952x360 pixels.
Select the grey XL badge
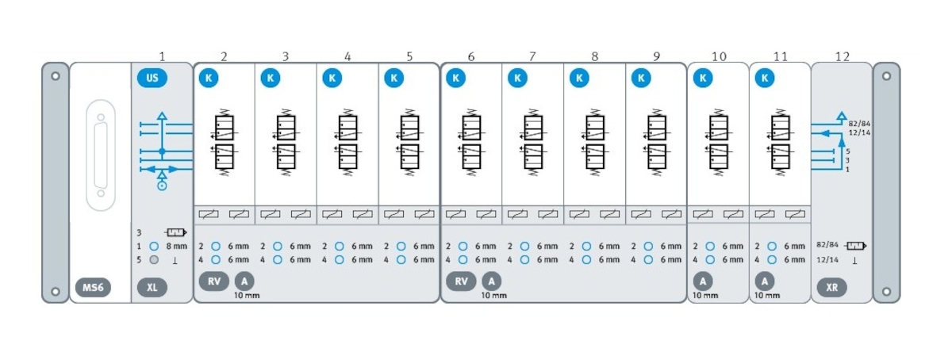tap(152, 287)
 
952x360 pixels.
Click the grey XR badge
tap(832, 287)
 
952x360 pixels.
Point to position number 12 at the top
tap(843, 56)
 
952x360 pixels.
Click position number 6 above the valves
tap(471, 56)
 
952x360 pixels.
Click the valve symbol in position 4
tap(347, 141)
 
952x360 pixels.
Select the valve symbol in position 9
tap(656, 141)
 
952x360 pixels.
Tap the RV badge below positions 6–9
tap(461, 281)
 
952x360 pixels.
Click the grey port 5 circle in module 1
tap(154, 259)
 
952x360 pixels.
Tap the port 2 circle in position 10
tap(710, 246)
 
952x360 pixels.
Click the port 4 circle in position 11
tap(772, 259)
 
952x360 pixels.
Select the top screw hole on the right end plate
tap(886, 77)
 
